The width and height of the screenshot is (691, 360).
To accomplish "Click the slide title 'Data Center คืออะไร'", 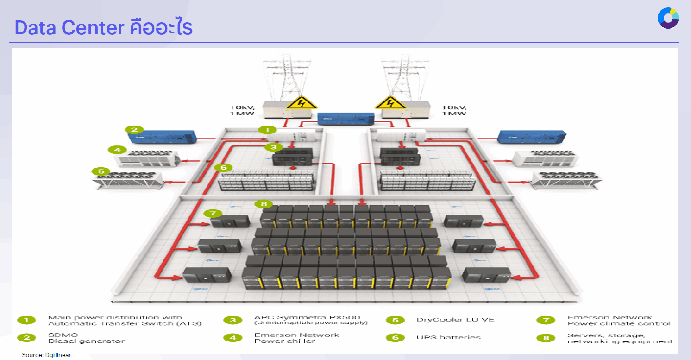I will pos(103,28).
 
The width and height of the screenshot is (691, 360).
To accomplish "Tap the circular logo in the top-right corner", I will pos(668,18).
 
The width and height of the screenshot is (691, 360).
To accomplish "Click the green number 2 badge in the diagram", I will pos(134,129).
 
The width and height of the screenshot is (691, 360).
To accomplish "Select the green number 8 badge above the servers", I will pos(264,203).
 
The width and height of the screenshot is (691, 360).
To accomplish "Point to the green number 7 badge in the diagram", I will pos(213,213).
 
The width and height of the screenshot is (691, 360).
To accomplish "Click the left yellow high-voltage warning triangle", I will pos(295,102).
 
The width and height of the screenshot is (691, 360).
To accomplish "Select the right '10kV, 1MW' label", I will pos(454,110).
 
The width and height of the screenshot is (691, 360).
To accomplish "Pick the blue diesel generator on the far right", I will pos(525,137).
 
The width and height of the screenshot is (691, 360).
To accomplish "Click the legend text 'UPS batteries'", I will pos(448,337).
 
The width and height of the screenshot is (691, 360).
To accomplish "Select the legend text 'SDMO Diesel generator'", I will pos(86,338).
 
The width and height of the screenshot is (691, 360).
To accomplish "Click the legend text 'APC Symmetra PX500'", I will pos(307,318).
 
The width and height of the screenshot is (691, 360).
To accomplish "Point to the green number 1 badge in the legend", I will pos(27,320).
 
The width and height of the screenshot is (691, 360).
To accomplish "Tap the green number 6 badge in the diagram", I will pos(223,167).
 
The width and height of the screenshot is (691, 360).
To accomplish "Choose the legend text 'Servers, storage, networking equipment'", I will pos(620,338).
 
